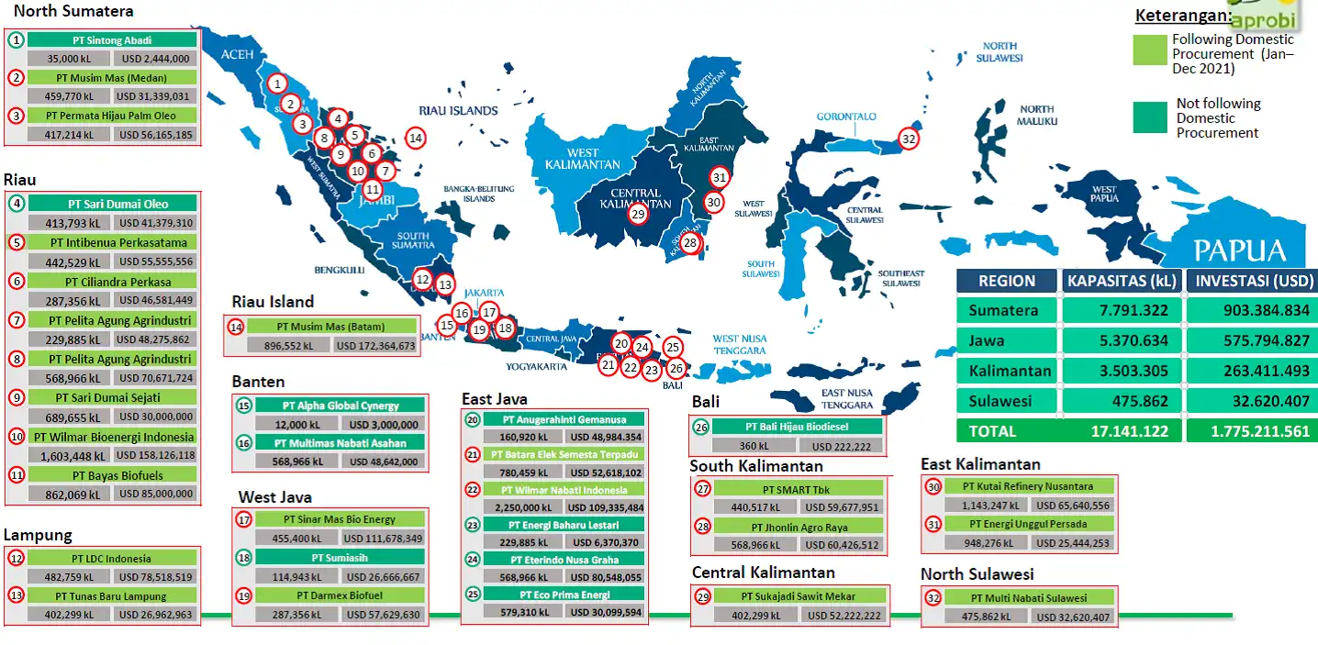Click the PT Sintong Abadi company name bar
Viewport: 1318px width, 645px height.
click(x=112, y=40)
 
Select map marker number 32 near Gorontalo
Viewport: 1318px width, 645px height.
click(x=909, y=139)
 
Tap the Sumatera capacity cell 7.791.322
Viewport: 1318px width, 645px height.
click(x=1122, y=310)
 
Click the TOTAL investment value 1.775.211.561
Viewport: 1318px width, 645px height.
click(x=1252, y=431)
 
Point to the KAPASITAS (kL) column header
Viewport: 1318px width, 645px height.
click(x=1122, y=281)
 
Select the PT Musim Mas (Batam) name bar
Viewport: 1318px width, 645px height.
click(x=332, y=327)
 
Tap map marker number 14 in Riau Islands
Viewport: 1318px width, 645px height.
click(x=416, y=139)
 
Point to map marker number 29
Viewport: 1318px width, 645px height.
click(x=638, y=214)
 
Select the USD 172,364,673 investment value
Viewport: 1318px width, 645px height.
click(x=374, y=346)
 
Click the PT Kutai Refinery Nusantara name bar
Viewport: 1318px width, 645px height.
click(x=1028, y=486)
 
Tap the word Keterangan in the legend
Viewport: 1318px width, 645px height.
click(x=1182, y=16)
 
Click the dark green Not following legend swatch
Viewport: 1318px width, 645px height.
click(x=1149, y=117)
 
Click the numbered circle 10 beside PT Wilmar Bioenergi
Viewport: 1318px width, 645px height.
click(x=17, y=437)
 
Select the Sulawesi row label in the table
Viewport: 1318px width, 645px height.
click(x=1000, y=401)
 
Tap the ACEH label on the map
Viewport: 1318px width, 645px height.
click(x=237, y=55)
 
